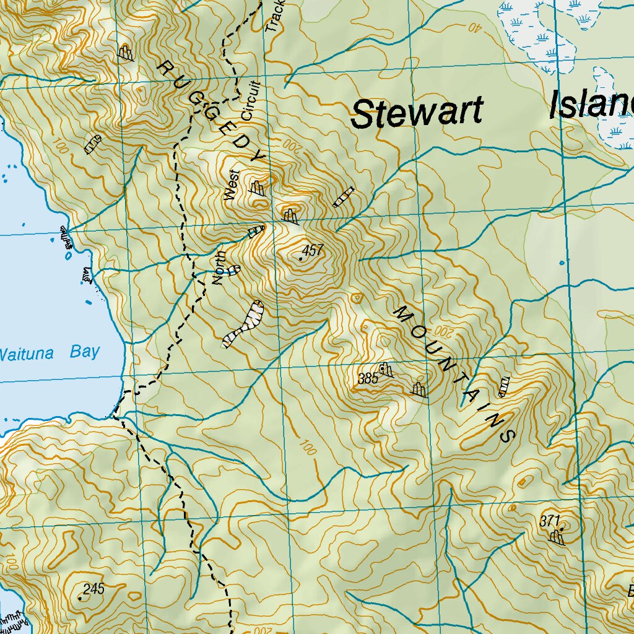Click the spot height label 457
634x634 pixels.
click(x=313, y=251)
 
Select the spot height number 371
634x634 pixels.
click(x=549, y=521)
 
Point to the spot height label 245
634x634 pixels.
click(x=93, y=588)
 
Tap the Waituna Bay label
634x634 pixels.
click(x=50, y=353)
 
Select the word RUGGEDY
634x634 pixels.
click(x=211, y=111)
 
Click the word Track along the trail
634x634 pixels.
click(x=274, y=15)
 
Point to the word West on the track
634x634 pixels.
click(x=232, y=185)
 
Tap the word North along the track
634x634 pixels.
click(x=217, y=271)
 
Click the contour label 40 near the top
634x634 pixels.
click(x=474, y=27)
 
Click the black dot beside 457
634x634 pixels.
click(x=301, y=258)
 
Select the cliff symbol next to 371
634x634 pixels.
click(x=557, y=536)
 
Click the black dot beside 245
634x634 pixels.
click(x=80, y=598)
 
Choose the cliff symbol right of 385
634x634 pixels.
click(x=419, y=389)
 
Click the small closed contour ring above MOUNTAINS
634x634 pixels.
click(x=356, y=298)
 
